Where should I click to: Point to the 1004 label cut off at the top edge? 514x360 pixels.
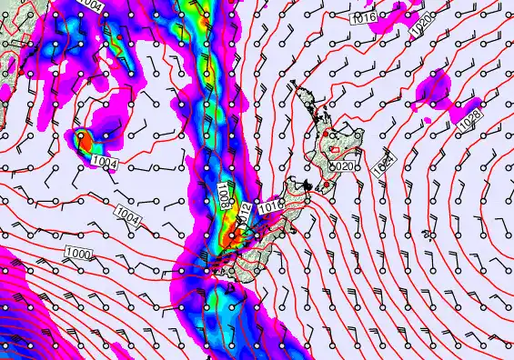[x=90, y=5]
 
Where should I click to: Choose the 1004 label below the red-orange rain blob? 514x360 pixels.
[x=104, y=161]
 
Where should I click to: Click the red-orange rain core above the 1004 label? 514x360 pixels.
[x=85, y=140]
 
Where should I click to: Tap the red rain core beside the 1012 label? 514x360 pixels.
[x=233, y=235]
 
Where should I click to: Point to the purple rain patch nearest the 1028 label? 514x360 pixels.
[x=435, y=92]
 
